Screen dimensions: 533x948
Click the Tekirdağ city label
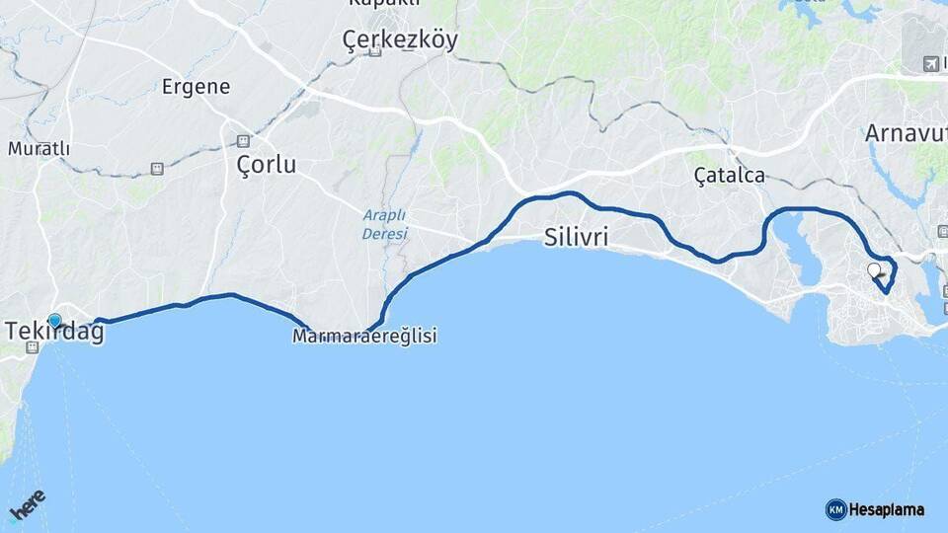[54, 333]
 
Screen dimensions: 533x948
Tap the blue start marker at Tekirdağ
[54, 320]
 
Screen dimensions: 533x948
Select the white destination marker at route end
[873, 268]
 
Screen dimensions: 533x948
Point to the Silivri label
[576, 237]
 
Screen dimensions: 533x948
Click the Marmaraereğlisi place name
[364, 337]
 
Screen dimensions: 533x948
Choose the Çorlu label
[266, 164]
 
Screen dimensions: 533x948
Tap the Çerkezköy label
[399, 39]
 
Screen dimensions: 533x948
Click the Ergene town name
[196, 87]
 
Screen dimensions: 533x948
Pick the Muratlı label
[39, 149]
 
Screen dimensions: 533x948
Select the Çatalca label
[729, 176]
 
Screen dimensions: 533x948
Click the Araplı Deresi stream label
[384, 224]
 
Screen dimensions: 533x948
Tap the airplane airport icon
[929, 64]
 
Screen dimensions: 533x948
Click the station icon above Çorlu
[243, 141]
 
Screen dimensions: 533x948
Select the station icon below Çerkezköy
[375, 51]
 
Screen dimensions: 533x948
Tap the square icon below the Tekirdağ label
[33, 347]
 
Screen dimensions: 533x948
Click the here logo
[29, 506]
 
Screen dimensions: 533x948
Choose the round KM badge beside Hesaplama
[835, 509]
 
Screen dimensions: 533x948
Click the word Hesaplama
[887, 510]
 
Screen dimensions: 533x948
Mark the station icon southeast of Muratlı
[157, 169]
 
